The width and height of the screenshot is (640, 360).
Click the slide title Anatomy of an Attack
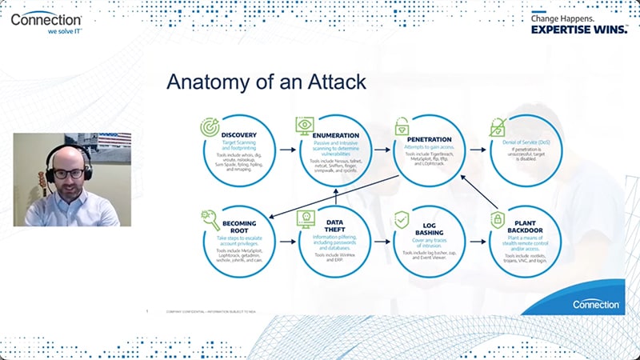coord(266,82)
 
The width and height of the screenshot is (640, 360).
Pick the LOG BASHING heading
coord(431,229)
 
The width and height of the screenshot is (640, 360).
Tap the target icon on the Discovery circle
coord(210,126)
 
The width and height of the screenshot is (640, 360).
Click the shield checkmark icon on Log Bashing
coord(402,218)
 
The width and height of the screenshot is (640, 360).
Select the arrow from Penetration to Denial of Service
coord(477,149)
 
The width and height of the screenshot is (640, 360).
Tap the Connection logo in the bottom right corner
coord(596,304)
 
